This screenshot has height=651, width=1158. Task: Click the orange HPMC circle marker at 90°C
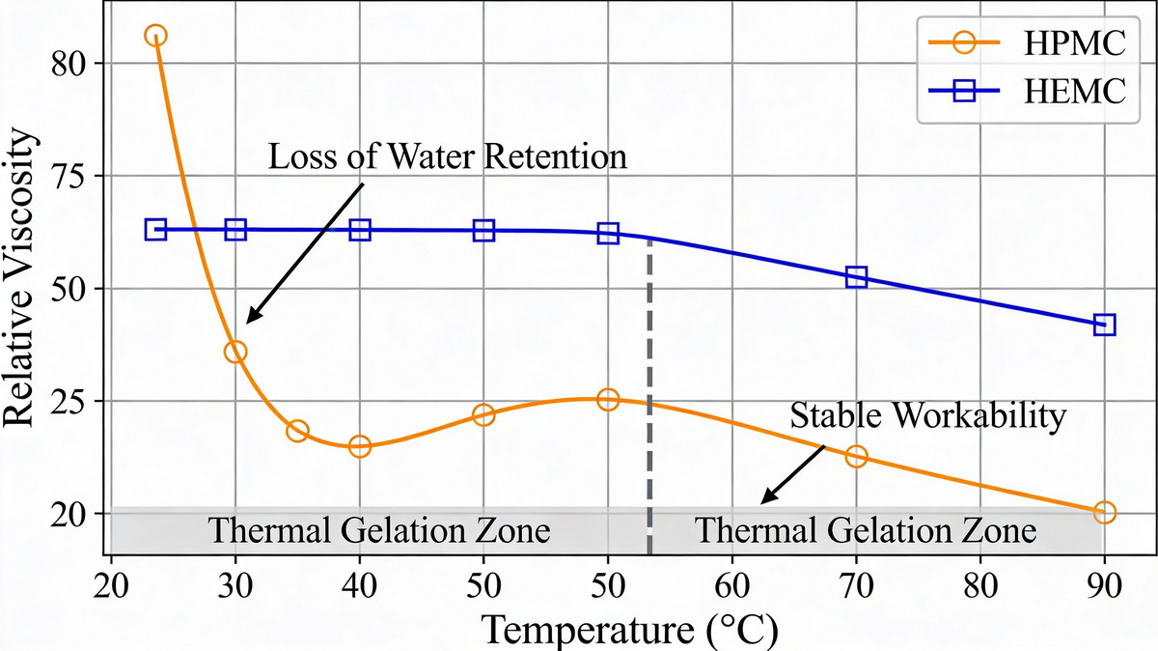point(1105,512)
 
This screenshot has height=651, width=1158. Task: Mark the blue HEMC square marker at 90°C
point(1105,325)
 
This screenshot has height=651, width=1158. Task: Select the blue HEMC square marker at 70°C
point(856,277)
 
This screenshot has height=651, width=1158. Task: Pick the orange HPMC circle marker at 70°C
point(856,456)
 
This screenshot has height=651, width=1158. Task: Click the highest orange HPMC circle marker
point(155,36)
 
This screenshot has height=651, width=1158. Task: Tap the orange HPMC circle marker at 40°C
point(360,446)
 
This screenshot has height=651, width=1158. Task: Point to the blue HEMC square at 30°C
point(235,229)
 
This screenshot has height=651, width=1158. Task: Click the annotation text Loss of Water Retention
point(448,156)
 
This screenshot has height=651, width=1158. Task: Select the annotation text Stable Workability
point(927,416)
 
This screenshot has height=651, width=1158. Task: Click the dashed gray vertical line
point(649,386)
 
